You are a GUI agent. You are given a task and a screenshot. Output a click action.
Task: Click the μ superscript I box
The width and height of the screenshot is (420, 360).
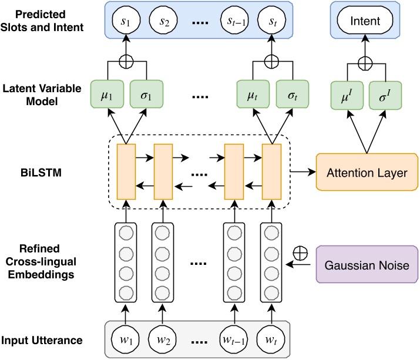(348, 94)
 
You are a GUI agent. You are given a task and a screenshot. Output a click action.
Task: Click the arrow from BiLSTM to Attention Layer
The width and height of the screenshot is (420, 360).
(303, 173)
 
